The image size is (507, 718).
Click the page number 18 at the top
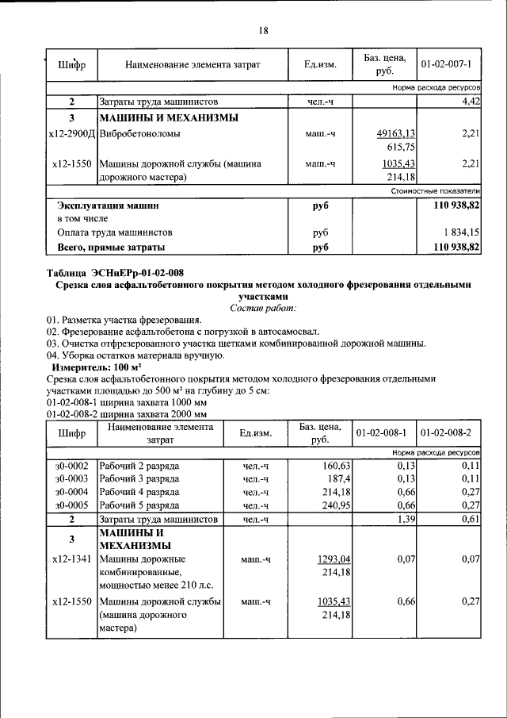263,31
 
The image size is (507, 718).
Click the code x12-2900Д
71,134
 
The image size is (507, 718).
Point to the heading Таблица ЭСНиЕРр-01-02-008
115,272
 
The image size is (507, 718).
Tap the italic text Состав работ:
263,307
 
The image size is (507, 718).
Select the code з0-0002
71,466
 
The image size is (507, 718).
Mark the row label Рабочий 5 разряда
139,505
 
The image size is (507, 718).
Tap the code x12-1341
71,559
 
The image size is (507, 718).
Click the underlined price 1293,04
334,559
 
